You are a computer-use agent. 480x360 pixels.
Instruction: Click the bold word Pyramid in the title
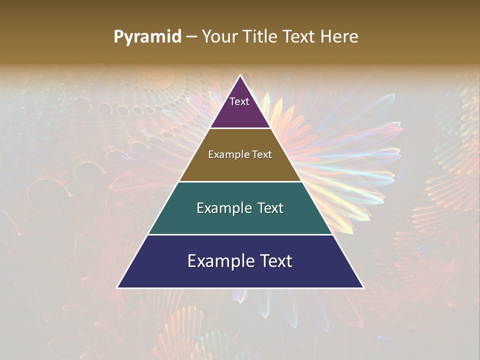pyautogui.click(x=147, y=37)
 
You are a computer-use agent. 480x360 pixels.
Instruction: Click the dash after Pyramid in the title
pyautogui.click(x=191, y=37)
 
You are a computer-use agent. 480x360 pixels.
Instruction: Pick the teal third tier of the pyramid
pyautogui.click(x=240, y=220)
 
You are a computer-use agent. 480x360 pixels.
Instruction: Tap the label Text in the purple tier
pyautogui.click(x=239, y=101)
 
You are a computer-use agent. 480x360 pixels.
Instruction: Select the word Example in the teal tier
pyautogui.click(x=224, y=208)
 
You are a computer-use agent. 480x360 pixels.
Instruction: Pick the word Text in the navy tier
pyautogui.click(x=276, y=261)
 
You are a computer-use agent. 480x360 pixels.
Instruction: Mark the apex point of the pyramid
pyautogui.click(x=240, y=75)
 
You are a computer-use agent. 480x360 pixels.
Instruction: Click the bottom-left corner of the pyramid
pyautogui.click(x=117, y=287)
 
